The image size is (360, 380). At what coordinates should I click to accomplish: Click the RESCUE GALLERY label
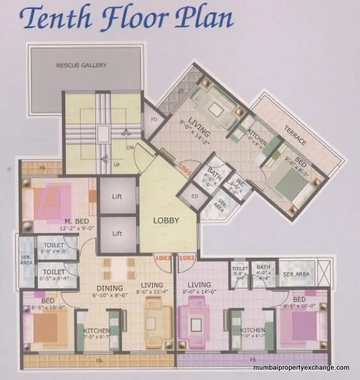pyautogui.click(x=81, y=65)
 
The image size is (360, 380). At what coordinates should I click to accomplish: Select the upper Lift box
pyautogui.click(x=117, y=197)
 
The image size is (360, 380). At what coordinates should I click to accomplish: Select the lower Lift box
pyautogui.click(x=117, y=234)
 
